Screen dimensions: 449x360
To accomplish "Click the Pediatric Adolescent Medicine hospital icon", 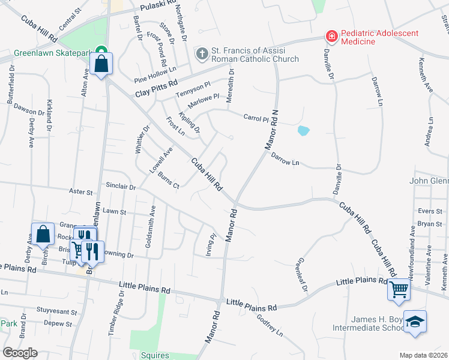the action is [331, 37].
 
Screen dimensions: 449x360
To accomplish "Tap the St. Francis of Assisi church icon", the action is [202, 55].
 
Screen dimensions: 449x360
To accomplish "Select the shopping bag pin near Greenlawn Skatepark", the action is [101, 64].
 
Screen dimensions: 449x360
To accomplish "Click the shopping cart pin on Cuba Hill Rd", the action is [399, 290].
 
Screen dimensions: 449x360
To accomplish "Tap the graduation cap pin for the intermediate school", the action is [414, 323].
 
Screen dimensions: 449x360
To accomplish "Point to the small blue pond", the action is [303, 130].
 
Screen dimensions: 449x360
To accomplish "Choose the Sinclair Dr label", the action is [121, 187].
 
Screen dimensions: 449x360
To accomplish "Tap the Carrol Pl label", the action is [256, 118].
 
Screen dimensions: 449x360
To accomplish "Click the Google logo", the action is [20, 352].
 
